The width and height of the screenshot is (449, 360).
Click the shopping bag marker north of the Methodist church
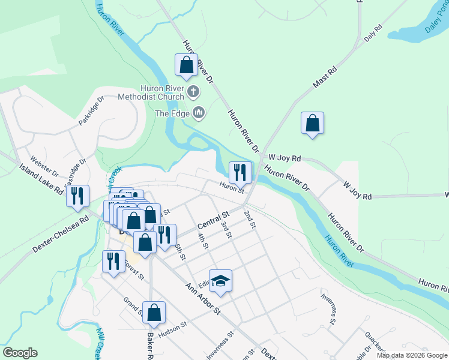(186, 65)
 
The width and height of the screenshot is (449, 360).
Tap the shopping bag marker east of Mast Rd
(312, 124)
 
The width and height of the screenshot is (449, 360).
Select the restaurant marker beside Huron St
(240, 172)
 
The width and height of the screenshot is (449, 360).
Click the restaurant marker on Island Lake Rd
(77, 196)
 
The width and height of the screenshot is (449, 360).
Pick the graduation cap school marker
(220, 281)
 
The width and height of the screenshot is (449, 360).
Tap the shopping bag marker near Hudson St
(154, 313)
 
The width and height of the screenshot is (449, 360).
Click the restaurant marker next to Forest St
(112, 262)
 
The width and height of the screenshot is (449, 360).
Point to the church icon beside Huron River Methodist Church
(193, 92)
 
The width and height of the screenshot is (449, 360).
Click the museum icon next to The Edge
(199, 113)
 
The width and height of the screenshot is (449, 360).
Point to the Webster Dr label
(44, 167)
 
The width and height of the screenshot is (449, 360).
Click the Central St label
(214, 220)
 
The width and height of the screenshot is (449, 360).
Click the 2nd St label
(250, 219)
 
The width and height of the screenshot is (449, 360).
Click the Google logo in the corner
(20, 353)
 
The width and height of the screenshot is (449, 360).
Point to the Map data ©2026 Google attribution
(412, 355)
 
